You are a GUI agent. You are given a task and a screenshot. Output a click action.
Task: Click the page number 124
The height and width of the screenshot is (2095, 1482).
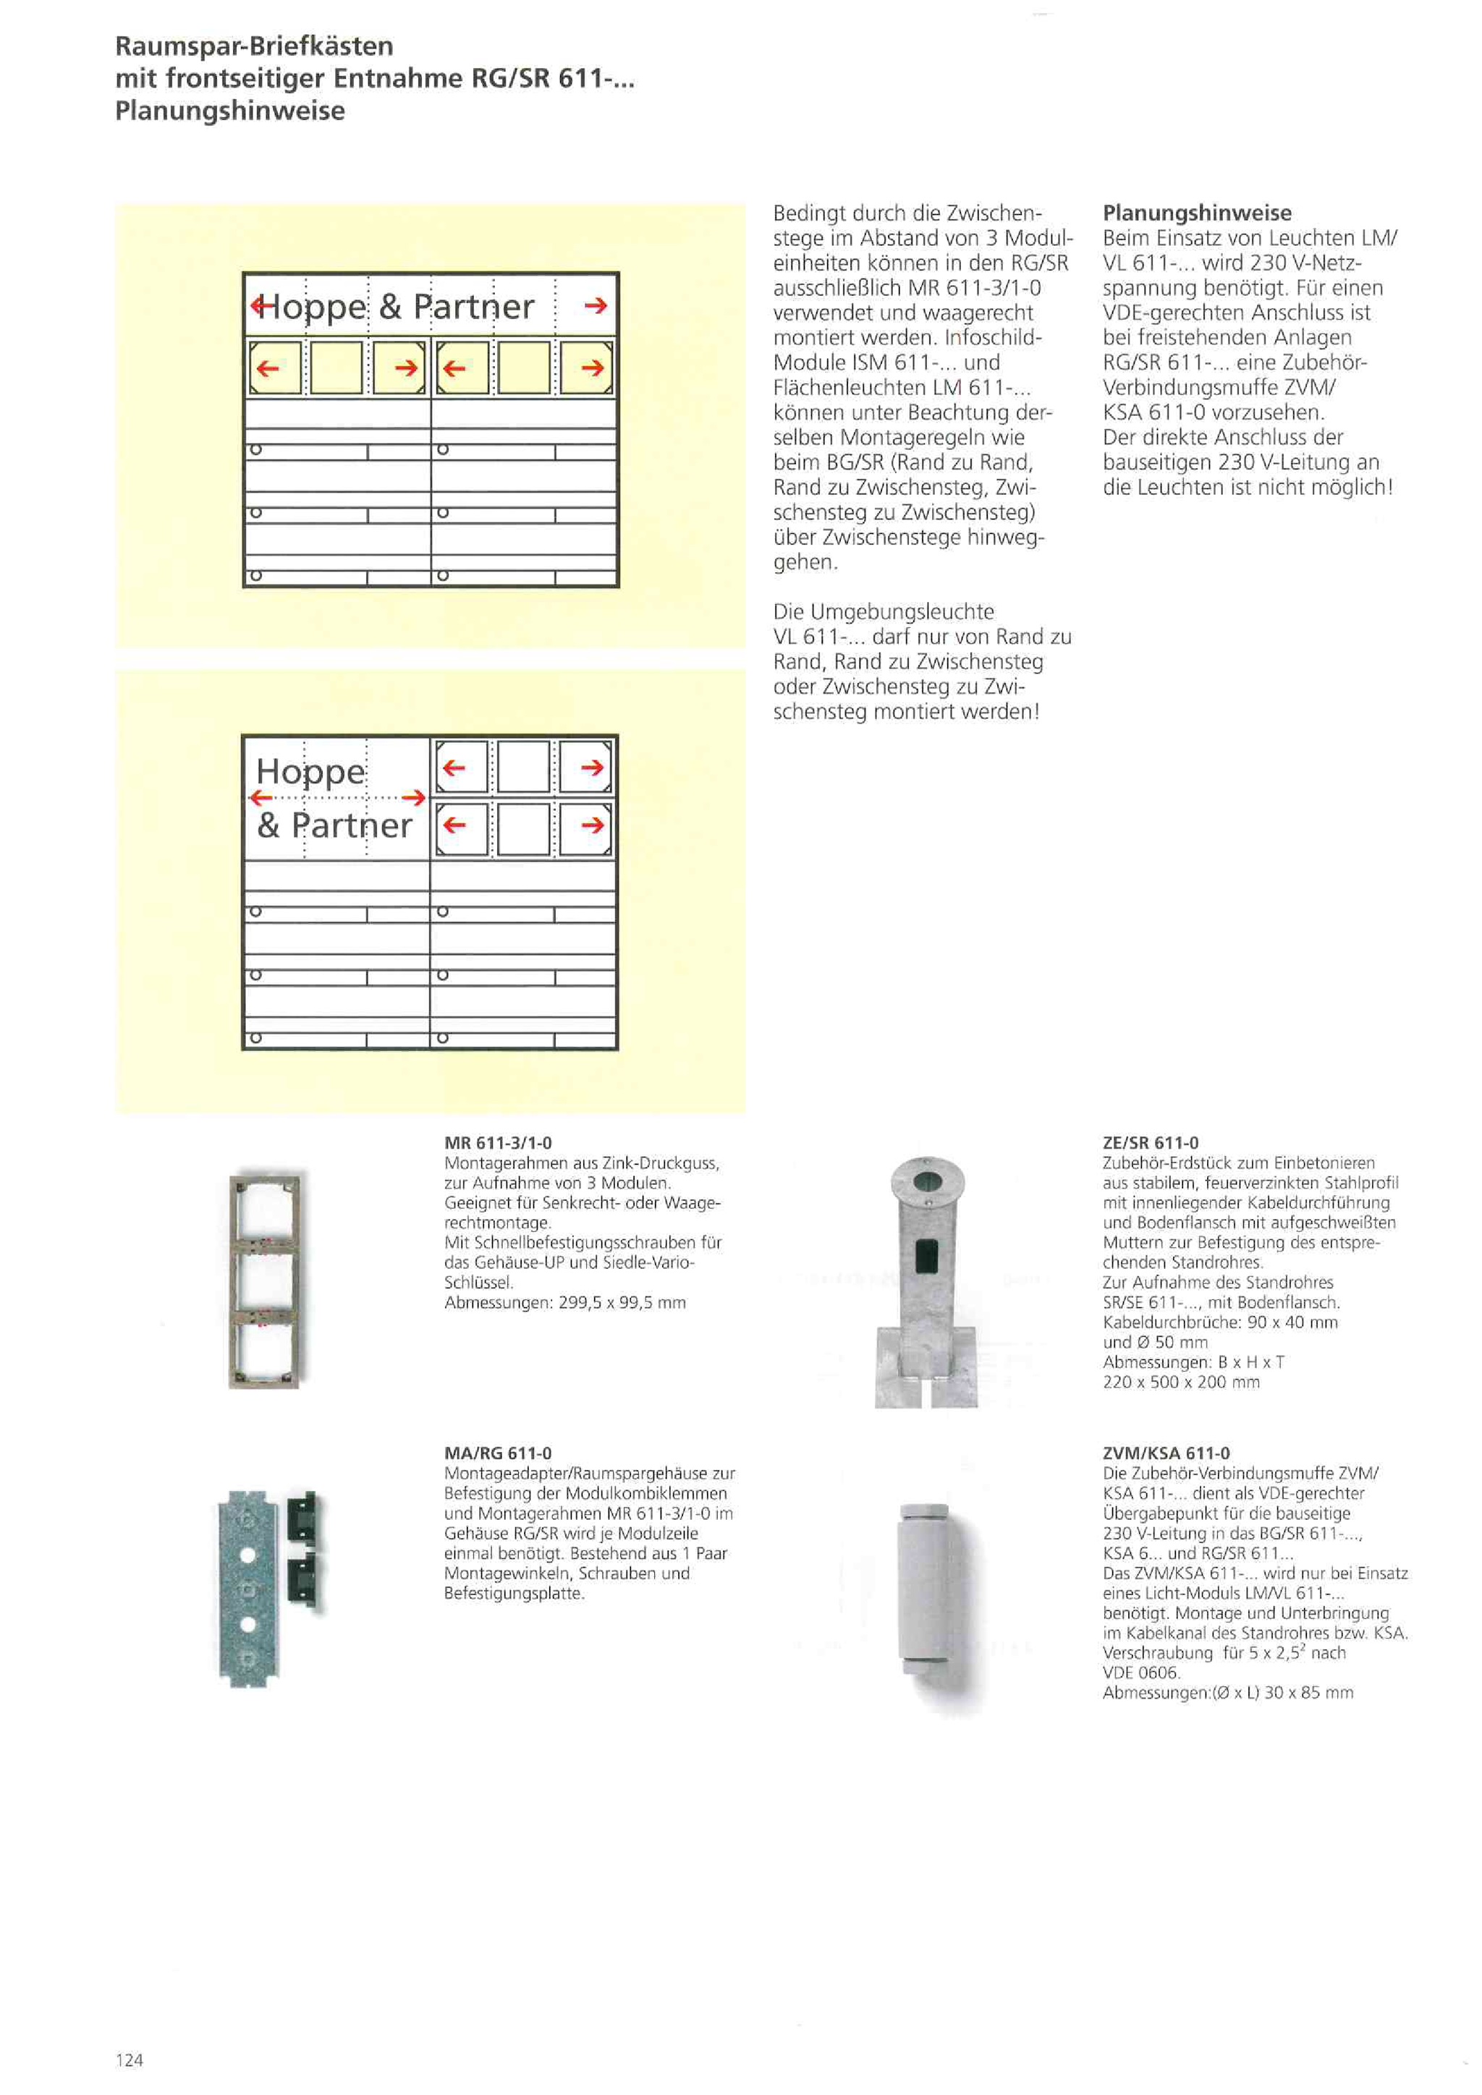(129, 2060)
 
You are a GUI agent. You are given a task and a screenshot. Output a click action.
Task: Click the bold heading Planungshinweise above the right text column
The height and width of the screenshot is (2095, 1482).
(1196, 213)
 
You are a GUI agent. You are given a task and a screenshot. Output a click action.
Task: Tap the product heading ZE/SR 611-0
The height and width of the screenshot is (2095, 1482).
(1150, 1142)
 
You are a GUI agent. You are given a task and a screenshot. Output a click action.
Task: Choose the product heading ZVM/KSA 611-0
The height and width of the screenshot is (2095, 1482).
(1165, 1453)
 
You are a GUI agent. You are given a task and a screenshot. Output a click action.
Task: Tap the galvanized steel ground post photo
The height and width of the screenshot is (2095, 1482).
(926, 1281)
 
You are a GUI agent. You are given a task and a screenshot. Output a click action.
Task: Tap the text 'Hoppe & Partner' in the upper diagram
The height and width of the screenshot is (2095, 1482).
(395, 307)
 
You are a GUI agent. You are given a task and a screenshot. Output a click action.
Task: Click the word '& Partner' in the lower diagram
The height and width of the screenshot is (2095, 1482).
(334, 825)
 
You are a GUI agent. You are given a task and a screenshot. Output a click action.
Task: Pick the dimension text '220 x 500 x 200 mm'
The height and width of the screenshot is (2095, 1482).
(1181, 1382)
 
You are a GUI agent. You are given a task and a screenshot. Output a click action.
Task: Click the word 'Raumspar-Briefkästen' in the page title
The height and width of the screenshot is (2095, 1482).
(255, 46)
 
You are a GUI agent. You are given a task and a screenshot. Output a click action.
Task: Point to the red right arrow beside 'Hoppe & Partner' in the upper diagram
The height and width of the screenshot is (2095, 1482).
(595, 306)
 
